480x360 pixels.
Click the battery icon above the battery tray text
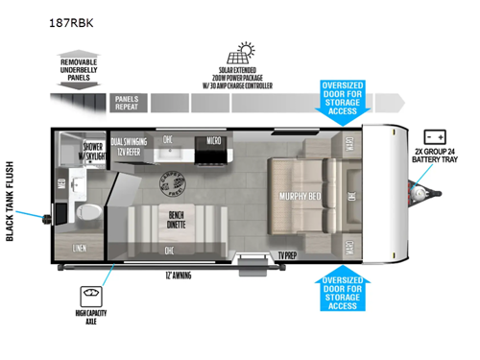[x=435, y=136]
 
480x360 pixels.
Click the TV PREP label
[x=287, y=254]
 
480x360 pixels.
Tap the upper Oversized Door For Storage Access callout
[x=342, y=102]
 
